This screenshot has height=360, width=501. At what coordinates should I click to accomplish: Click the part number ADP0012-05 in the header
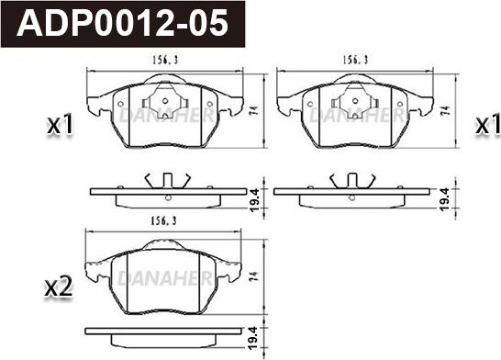[122, 24]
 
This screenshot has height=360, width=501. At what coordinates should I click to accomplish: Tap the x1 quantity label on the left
[60, 125]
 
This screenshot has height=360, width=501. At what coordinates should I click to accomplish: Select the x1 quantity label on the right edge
[487, 125]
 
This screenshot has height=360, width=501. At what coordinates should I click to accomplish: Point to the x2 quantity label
[59, 287]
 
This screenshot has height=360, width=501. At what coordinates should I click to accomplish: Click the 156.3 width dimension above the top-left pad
[165, 60]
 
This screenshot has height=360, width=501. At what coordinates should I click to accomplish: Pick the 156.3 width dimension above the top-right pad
[355, 60]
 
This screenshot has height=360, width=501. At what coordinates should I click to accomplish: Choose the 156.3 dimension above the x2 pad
[163, 221]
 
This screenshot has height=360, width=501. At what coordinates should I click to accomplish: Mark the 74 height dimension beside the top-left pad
[254, 110]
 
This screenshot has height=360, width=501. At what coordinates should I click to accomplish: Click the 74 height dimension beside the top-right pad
[446, 110]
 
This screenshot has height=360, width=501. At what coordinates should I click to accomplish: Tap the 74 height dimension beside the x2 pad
[253, 276]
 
